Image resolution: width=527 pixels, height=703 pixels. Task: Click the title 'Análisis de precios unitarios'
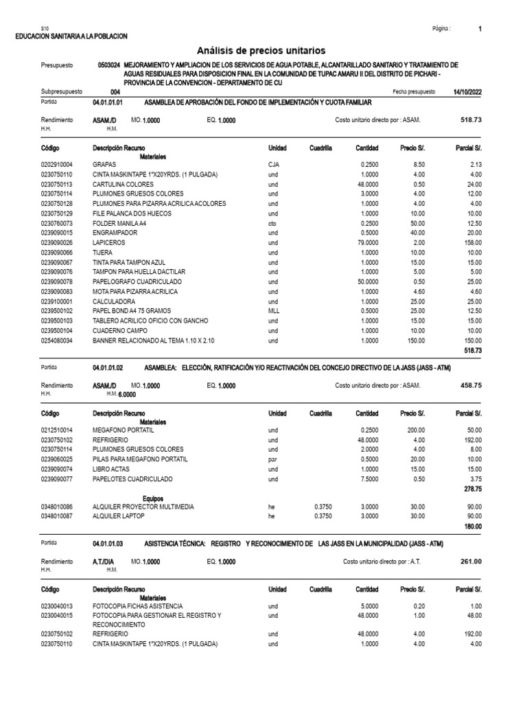(x=261, y=51)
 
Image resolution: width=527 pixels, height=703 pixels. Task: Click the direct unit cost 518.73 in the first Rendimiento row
(x=469, y=119)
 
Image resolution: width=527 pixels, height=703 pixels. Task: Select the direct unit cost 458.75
(x=469, y=385)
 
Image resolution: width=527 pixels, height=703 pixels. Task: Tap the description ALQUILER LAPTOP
(x=119, y=516)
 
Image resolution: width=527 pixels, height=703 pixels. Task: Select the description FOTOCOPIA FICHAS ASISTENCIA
(x=137, y=606)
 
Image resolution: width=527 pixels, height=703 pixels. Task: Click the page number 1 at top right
(x=480, y=29)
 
